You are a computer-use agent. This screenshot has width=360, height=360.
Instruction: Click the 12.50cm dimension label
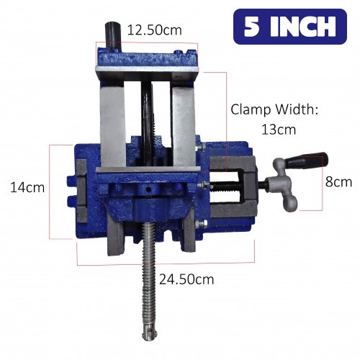click(x=154, y=30)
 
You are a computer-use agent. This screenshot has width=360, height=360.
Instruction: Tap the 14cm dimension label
click(x=27, y=187)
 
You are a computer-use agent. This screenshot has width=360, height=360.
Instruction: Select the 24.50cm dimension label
click(x=186, y=279)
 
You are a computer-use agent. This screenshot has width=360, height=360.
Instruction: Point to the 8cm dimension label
click(x=338, y=181)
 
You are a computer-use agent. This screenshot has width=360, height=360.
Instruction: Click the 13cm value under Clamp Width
click(x=279, y=130)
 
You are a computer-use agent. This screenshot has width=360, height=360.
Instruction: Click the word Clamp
click(x=251, y=109)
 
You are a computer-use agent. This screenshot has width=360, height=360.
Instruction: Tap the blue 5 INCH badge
click(x=290, y=27)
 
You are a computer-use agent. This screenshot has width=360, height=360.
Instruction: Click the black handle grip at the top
click(x=112, y=35)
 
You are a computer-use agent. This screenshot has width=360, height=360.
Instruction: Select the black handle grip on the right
click(x=307, y=161)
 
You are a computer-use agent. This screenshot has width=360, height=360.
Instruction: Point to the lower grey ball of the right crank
click(x=291, y=204)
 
